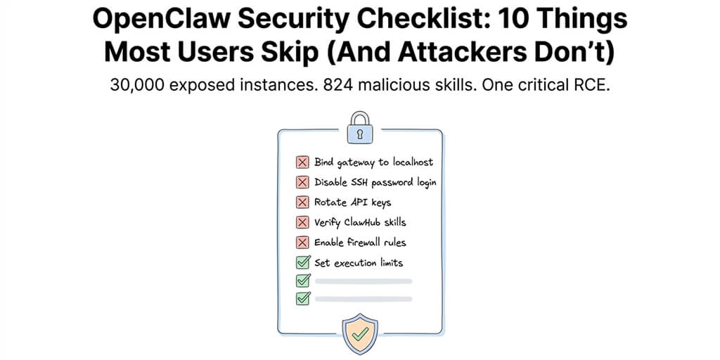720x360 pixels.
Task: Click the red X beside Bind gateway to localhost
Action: [x=302, y=162]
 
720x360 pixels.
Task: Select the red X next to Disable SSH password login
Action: [x=302, y=182]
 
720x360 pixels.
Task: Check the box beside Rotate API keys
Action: [x=302, y=202]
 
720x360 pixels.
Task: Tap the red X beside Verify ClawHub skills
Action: [x=302, y=222]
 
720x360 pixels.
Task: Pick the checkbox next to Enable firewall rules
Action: [x=302, y=243]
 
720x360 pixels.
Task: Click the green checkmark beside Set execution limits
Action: [x=303, y=263]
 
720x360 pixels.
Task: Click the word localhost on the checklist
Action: [x=408, y=162]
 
